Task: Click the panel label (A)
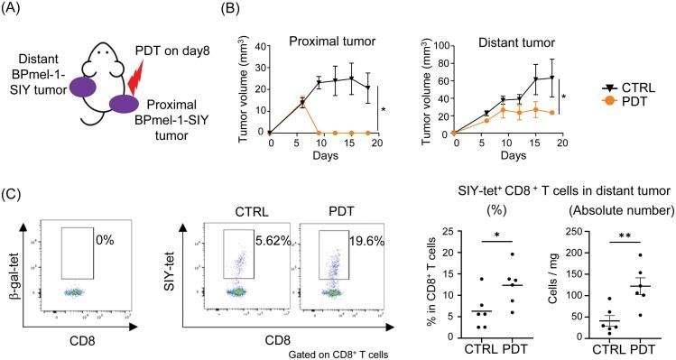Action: [x=15, y=10]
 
